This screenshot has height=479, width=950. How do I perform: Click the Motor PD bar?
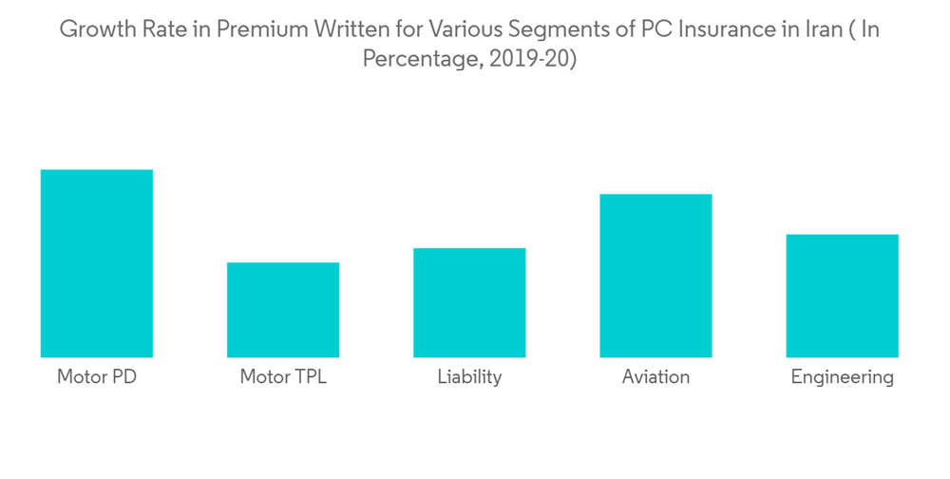point(96,263)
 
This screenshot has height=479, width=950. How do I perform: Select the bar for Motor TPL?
point(283,310)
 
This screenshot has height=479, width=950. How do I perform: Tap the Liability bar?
point(469,302)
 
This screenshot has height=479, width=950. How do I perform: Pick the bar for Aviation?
point(655,276)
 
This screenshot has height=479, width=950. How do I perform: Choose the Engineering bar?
point(843,296)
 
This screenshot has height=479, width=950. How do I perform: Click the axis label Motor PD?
point(96,377)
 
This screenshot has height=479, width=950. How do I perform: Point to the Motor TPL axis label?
point(283,377)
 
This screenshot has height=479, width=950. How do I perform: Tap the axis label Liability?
point(469,377)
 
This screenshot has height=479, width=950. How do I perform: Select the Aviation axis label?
point(655,377)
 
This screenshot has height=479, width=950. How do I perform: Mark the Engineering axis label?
point(843,378)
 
